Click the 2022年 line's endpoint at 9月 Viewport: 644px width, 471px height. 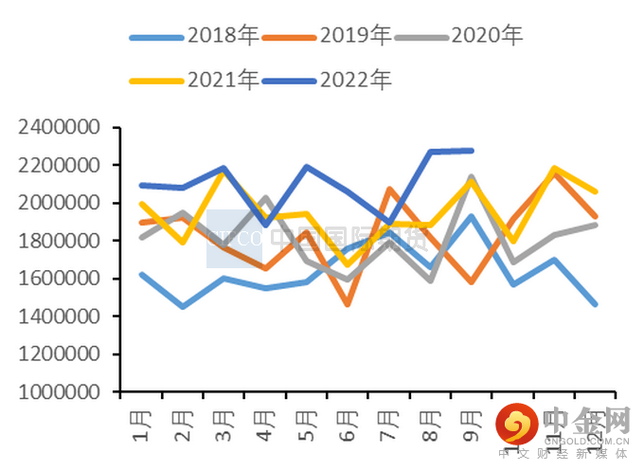[472, 150]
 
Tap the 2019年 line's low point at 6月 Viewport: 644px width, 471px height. [347, 304]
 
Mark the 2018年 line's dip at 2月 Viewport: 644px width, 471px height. [181, 306]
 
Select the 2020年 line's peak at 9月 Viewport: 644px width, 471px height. [472, 177]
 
